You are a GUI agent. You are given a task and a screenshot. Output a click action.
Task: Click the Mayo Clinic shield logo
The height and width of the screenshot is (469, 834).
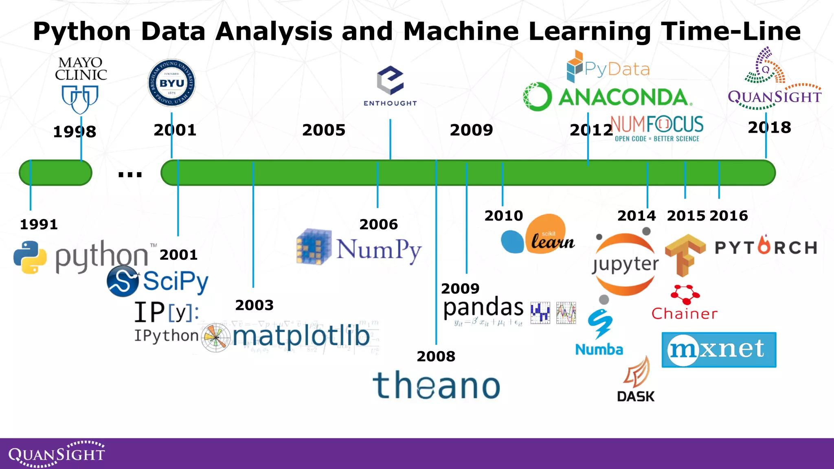[x=80, y=99]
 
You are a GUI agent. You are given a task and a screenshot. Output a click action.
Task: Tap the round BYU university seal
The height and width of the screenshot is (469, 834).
[x=171, y=83]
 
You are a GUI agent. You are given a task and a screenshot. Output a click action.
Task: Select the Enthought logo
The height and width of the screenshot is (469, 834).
[x=390, y=86]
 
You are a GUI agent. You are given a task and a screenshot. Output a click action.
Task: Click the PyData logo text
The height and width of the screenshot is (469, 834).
[x=617, y=70]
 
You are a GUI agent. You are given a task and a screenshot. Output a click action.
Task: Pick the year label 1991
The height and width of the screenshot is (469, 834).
[x=39, y=224]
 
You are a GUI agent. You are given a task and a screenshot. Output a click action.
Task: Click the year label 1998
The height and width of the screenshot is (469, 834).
[x=75, y=131]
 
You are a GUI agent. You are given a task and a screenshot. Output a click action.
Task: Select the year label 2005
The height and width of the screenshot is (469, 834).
[x=324, y=130]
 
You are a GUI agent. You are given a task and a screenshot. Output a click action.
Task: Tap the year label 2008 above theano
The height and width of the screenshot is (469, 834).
[x=436, y=356]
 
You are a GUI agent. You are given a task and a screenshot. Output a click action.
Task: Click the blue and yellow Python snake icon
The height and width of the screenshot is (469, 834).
[x=30, y=257]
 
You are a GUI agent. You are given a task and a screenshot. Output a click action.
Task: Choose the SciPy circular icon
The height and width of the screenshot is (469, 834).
[x=122, y=281]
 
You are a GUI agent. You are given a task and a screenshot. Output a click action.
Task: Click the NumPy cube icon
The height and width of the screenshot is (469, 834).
[x=314, y=247]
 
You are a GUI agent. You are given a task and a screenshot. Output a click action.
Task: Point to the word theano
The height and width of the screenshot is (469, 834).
[x=436, y=385]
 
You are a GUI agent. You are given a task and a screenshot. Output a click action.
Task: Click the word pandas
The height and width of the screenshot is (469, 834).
[x=483, y=307]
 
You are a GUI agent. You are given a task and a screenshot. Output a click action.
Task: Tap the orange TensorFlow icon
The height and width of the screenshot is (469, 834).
[x=685, y=255]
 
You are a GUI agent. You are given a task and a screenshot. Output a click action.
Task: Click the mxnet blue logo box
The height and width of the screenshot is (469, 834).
[x=719, y=350]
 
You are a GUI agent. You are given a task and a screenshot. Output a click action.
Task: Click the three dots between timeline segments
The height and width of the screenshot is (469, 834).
[x=130, y=175]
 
